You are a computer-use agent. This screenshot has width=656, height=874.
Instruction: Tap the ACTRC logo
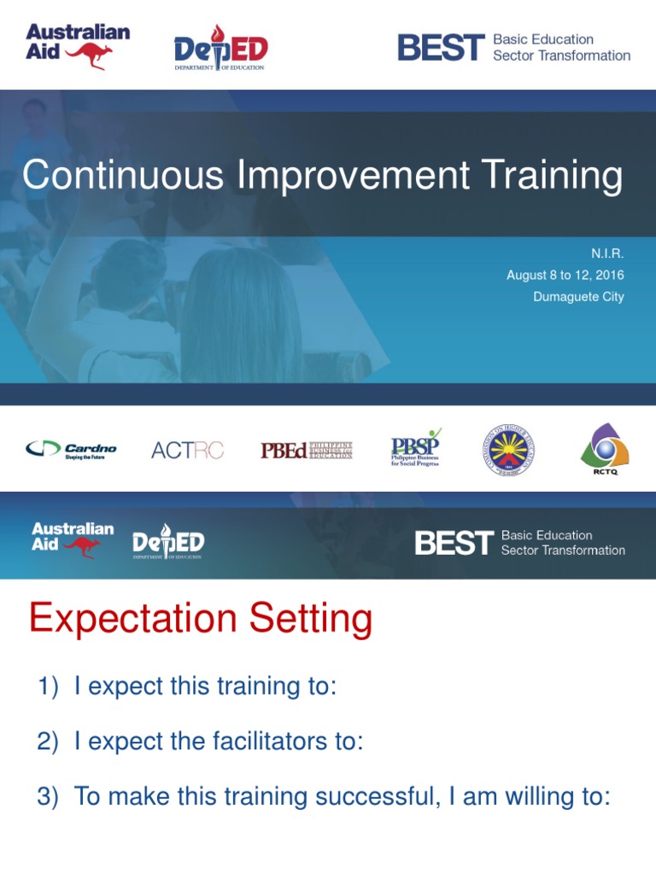coord(187,450)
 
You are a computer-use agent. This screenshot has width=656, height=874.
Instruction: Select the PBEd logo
coord(306,450)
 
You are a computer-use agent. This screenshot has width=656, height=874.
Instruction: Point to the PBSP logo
coord(416,448)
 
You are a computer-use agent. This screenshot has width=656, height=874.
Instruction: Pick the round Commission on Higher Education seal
coord(508,450)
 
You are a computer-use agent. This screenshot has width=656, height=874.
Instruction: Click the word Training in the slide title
coord(551,176)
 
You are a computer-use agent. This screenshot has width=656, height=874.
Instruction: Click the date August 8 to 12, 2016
coord(565,275)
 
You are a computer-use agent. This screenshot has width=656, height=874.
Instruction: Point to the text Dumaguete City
coord(577,297)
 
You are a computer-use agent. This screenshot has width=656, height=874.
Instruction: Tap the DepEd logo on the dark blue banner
coord(168,543)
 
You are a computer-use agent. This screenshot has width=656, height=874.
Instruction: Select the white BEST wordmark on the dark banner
coord(454,543)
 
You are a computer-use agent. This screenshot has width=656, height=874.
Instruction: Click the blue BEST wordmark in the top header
coord(441,48)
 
